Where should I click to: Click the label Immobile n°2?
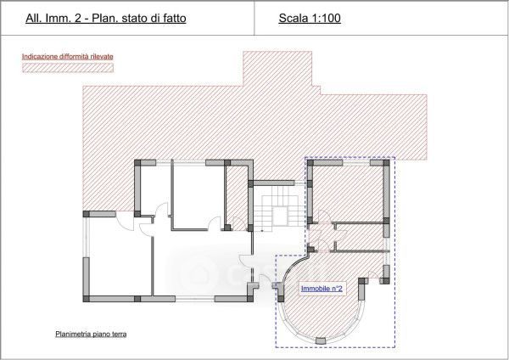click(x=322, y=289)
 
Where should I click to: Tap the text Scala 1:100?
click(x=310, y=18)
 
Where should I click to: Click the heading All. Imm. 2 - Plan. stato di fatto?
click(x=106, y=18)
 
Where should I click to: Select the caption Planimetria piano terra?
click(x=91, y=334)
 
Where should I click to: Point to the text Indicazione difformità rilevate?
click(x=68, y=57)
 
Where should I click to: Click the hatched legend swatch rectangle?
click(x=68, y=68)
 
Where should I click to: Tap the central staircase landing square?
click(x=280, y=217)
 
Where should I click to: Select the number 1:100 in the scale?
click(x=326, y=18)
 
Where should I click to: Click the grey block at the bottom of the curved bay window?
click(x=321, y=340)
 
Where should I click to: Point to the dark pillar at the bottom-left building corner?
click(x=87, y=299)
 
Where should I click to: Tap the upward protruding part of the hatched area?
click(x=277, y=68)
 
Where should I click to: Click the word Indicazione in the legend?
click(x=40, y=57)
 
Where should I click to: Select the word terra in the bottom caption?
click(x=119, y=334)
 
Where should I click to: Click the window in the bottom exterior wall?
click(x=195, y=299)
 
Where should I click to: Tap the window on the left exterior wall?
click(x=86, y=237)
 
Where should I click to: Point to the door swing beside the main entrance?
click(x=246, y=261)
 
